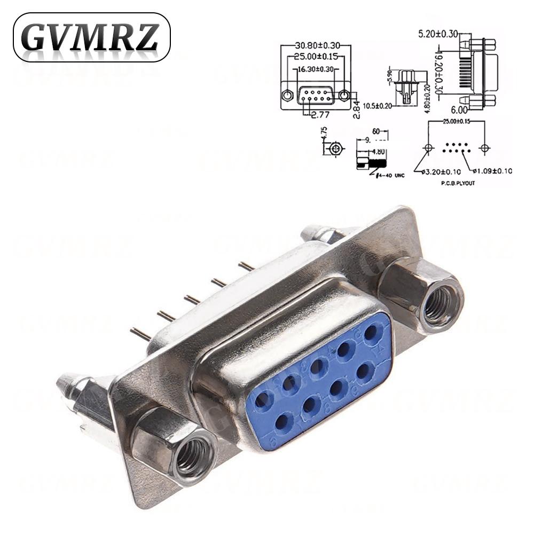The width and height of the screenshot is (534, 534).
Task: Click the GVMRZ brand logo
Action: pos(91,37)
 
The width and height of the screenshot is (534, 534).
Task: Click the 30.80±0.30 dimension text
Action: pos(316,46)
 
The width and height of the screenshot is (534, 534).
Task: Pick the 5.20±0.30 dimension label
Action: pos(437,34)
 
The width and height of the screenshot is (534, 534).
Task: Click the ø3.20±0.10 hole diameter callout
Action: pos(441,171)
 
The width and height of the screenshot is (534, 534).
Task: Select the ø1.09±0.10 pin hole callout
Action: pos(492,171)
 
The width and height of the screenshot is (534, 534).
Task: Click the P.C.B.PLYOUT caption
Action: pos(458,183)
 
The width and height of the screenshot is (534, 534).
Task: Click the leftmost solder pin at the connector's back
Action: pos(140,334)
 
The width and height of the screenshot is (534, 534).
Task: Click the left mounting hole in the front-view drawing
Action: pos(288,96)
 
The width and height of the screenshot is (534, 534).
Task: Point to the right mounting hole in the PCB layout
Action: pos(484,147)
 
